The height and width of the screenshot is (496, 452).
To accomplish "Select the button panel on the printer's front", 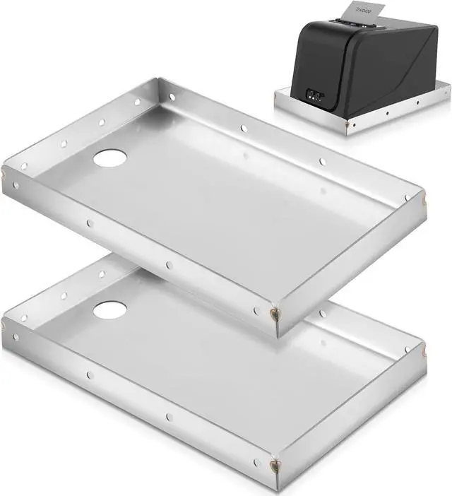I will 315,94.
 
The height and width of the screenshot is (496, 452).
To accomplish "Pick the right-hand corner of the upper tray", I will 423,201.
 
